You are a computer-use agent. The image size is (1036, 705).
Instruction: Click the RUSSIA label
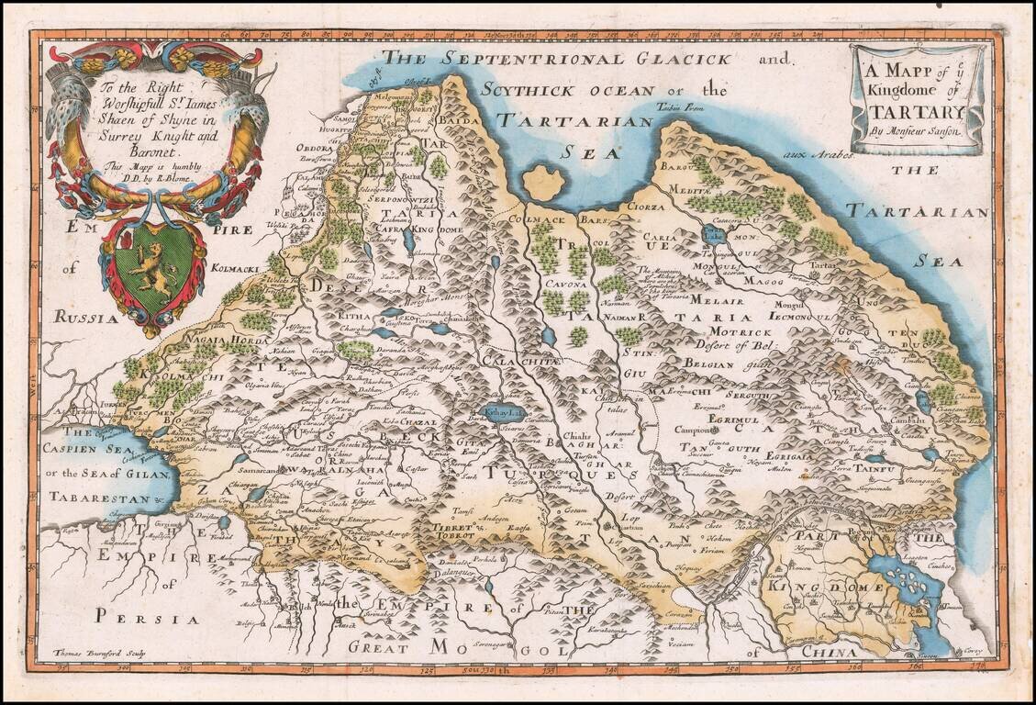[x=86, y=318]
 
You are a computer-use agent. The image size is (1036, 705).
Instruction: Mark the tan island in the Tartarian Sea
[x=544, y=183]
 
